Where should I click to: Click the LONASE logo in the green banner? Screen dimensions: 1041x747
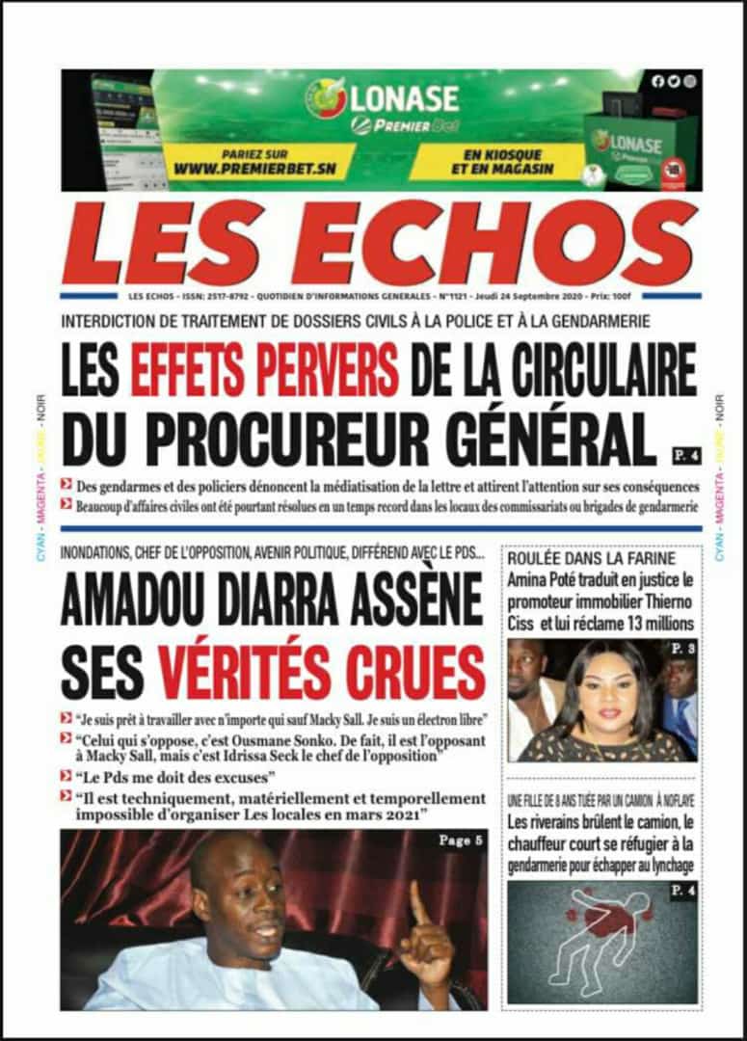(x=383, y=98)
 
